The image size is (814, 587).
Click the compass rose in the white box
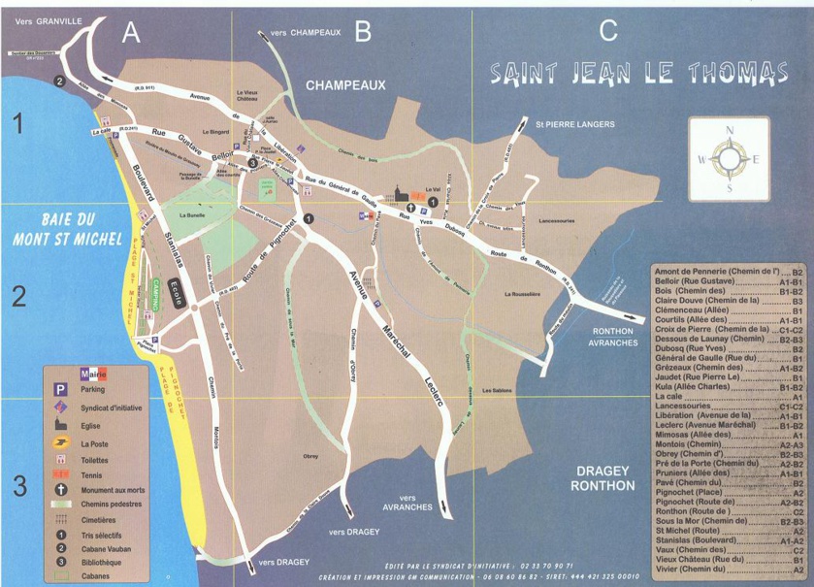tap(729, 157)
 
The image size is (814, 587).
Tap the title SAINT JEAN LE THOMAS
tap(638, 73)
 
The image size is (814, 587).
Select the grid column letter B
tap(363, 32)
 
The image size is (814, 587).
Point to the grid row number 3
tap(18, 485)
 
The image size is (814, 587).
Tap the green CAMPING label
tap(154, 294)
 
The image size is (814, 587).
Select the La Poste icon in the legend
tap(59, 443)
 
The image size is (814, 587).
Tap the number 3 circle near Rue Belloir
tap(253, 164)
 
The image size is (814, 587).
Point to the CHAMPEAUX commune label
tap(345, 85)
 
